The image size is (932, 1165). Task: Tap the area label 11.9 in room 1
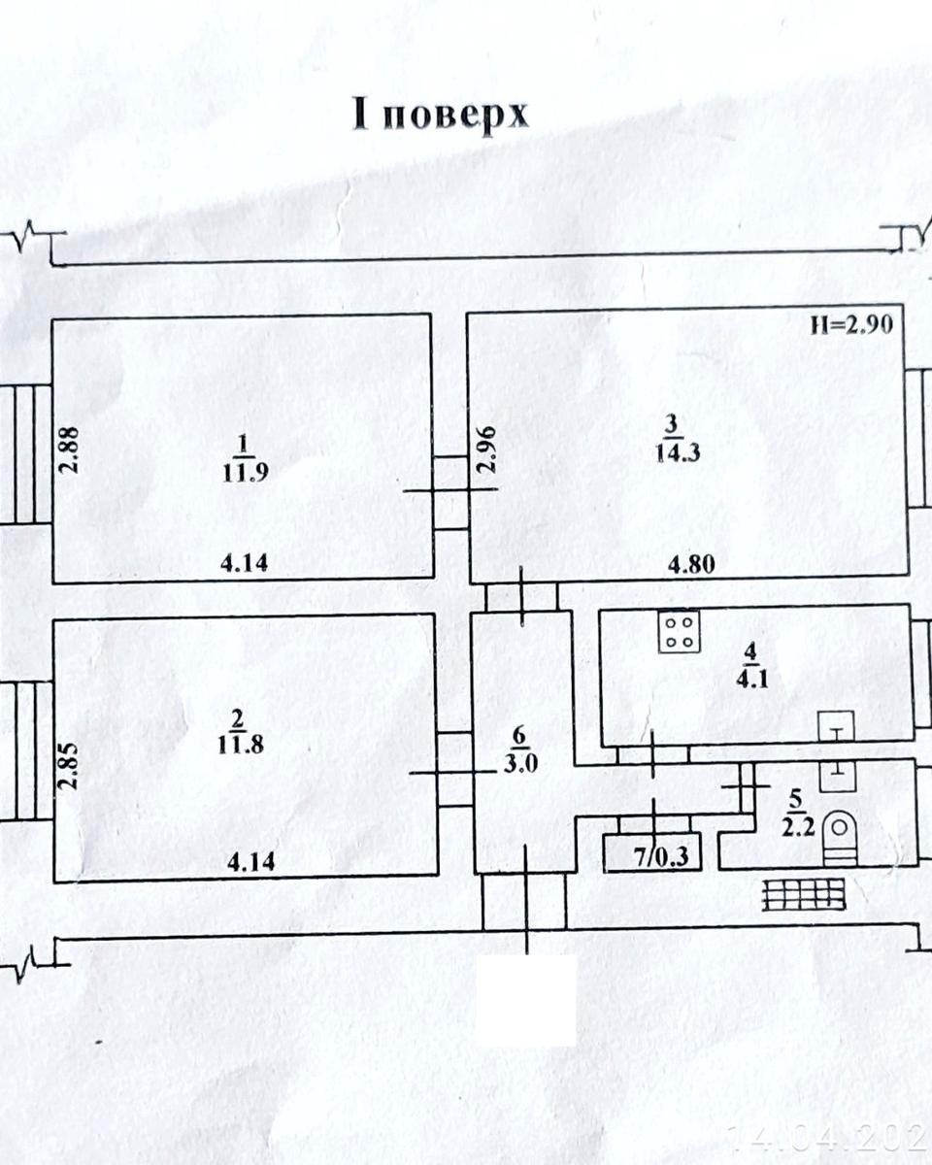pos(244,474)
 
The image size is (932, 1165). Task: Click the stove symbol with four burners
pos(680,631)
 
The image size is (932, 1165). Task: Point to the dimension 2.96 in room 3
pos(488,449)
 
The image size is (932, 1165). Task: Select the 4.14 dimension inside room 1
pos(245,561)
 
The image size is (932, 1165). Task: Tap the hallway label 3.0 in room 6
pos(521,761)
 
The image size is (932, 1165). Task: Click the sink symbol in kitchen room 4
pos(836,724)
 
